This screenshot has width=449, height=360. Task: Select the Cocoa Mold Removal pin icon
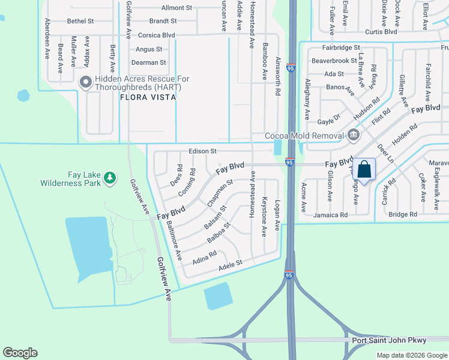(354, 136)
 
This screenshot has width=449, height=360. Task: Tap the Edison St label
(202, 152)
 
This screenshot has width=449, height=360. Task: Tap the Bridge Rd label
(403, 214)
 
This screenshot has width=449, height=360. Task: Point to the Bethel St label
(80, 21)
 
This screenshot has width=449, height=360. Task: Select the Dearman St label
(149, 62)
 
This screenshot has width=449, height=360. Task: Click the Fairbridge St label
(340, 47)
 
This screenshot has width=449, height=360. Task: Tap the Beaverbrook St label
(334, 61)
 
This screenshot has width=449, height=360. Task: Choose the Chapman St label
(220, 193)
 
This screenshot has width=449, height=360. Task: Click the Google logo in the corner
(20, 353)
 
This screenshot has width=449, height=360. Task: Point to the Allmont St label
(176, 8)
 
